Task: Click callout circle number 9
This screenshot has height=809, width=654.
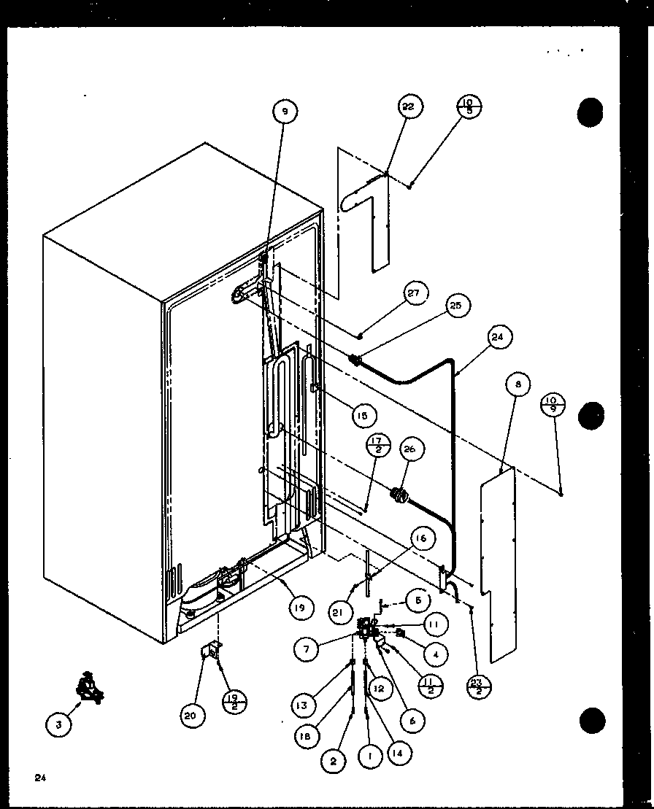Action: [285, 112]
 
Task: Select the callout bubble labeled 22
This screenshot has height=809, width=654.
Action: [408, 107]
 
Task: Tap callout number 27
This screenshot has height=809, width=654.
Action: [414, 295]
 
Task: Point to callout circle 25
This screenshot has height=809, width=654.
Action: [456, 306]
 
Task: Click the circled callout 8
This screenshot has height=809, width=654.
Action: [518, 384]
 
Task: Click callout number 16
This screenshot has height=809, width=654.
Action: [421, 539]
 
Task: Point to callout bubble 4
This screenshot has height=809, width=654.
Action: [435, 655]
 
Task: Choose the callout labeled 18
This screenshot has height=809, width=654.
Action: [304, 737]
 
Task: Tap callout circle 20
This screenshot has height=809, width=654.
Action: [191, 716]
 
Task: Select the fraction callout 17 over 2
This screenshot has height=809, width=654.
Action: [377, 445]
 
